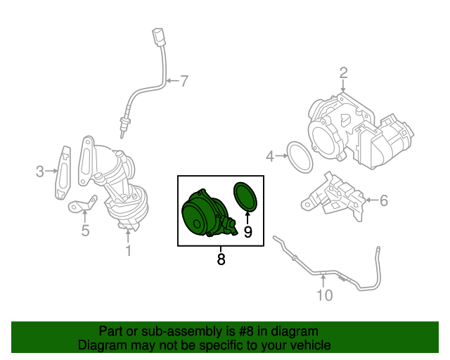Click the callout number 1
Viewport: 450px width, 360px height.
point(129,250)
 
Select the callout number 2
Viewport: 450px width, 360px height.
point(344,73)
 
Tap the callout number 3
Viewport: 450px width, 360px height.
point(40,172)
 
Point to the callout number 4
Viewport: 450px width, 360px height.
point(270,157)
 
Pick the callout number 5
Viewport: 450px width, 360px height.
point(85,231)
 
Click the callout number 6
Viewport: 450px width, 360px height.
point(384,200)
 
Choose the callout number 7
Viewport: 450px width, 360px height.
point(184,81)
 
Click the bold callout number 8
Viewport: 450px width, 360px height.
point(221,259)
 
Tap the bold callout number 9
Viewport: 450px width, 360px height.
point(247,232)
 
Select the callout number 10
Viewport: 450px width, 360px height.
point(325,295)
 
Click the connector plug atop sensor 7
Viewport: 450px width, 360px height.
point(159,37)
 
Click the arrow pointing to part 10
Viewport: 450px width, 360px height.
point(323,281)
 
